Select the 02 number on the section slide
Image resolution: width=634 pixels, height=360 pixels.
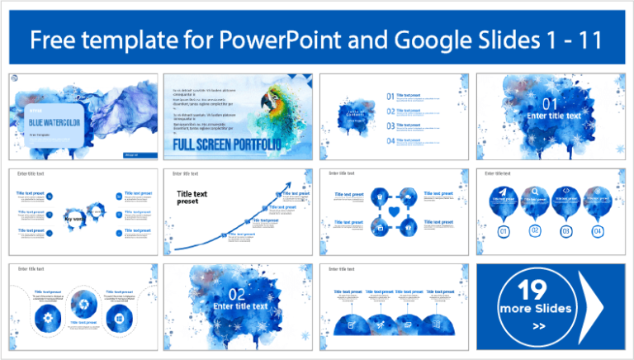[x=237, y=294]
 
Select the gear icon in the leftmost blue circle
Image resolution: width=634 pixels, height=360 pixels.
[x=40, y=315]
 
